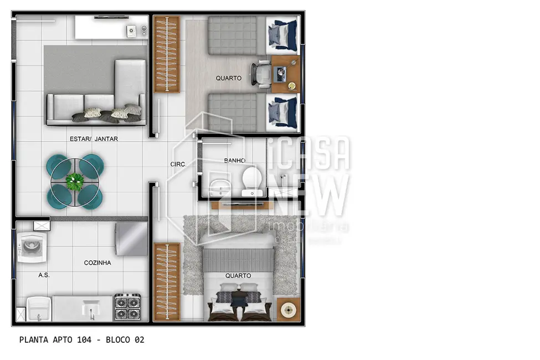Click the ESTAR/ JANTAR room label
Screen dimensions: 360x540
tap(94, 139)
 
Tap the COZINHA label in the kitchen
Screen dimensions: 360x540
tap(97, 263)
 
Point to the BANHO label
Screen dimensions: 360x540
tap(235, 161)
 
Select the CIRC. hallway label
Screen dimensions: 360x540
tap(178, 164)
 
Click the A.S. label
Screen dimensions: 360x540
tap(44, 275)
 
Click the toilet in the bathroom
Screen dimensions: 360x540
tap(253, 181)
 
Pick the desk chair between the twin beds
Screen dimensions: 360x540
tap(261, 74)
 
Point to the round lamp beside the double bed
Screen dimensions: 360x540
tap(288, 309)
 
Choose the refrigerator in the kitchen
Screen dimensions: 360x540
tap(131, 239)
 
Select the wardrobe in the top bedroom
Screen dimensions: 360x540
tap(166, 54)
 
